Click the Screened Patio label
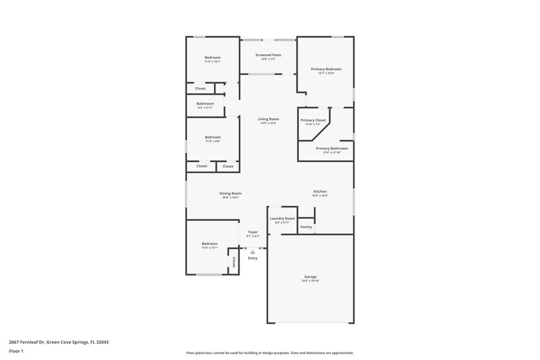268,54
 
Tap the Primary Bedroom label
326,69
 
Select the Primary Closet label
313,120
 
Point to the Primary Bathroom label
331,148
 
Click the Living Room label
268,119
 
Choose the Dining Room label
230,193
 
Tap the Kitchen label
320,191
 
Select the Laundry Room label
282,218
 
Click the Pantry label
306,227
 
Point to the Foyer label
252,232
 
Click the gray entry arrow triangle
252,251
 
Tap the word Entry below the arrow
252,258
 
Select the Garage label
310,276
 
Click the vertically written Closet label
234,261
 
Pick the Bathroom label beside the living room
205,103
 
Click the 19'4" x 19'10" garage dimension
310,280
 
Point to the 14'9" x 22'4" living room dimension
268,123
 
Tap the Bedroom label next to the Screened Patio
213,57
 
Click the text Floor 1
16,352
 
